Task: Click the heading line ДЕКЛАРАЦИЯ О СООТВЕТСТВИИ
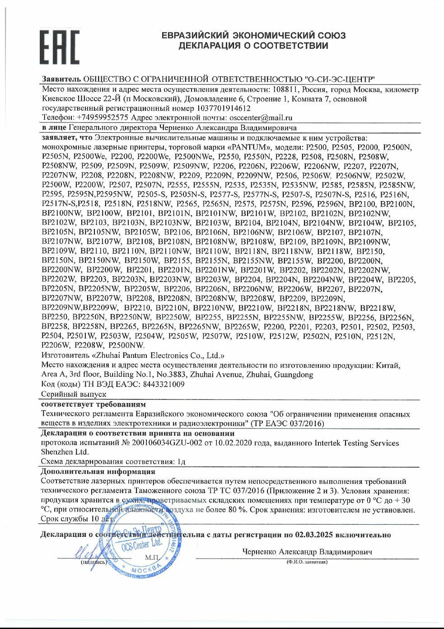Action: [253, 46]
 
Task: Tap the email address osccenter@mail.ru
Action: [264, 117]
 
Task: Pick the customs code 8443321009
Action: [157, 385]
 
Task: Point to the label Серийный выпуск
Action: [73, 394]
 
